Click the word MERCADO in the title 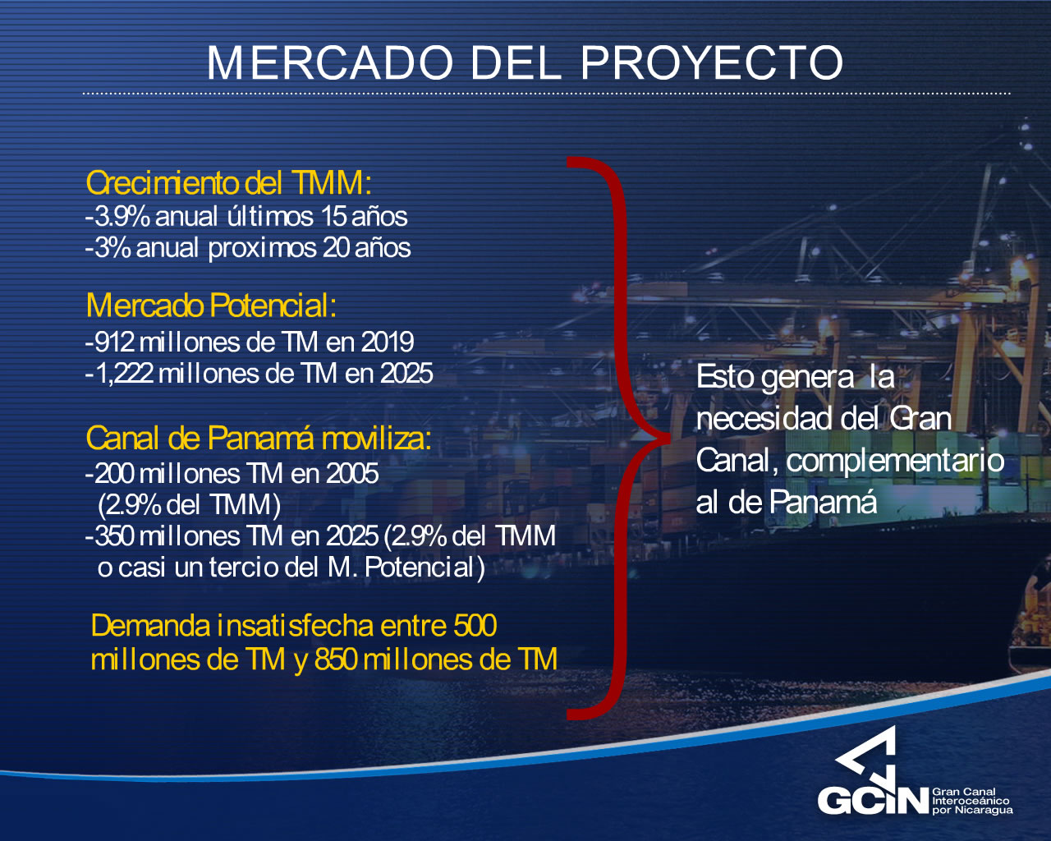tap(330, 62)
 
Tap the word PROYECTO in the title tap(712, 62)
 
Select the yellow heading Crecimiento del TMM tap(228, 183)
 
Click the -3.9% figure tap(117, 217)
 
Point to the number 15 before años tap(333, 217)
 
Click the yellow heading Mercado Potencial tap(211, 306)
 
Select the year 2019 tap(388, 342)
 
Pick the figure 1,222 tap(126, 375)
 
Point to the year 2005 tap(352, 474)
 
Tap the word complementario tap(895, 461)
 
